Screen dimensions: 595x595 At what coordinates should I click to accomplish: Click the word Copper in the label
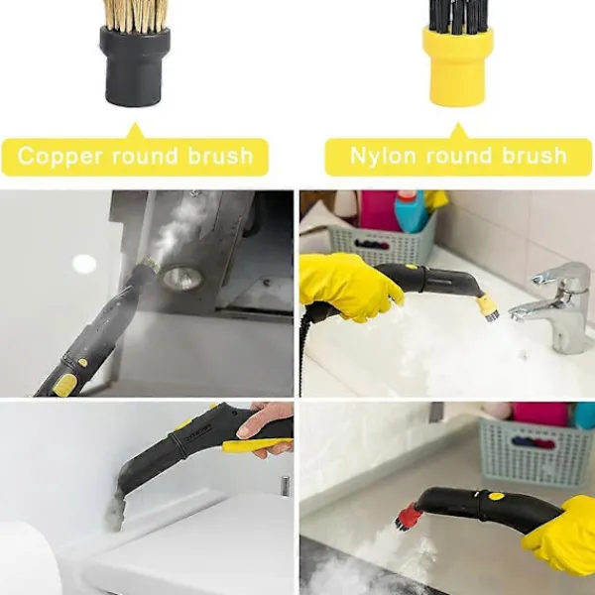tap(59, 157)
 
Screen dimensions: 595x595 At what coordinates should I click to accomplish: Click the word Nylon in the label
tap(383, 156)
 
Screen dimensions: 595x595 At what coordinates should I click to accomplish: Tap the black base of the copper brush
tap(135, 66)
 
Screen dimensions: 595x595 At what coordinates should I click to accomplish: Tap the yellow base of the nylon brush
tap(457, 66)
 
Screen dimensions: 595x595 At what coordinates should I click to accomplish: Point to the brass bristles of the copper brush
tap(135, 15)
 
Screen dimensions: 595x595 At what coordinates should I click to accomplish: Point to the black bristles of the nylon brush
tap(458, 15)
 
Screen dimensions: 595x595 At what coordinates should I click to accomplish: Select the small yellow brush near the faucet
tap(488, 307)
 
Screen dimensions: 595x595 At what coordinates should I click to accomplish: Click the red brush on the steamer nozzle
tap(409, 516)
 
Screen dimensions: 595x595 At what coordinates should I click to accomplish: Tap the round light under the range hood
tap(182, 278)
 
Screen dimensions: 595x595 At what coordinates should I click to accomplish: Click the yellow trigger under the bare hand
tap(257, 444)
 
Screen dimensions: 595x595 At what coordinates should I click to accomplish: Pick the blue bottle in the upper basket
tap(413, 211)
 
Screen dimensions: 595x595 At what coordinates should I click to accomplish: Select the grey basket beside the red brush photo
tap(535, 451)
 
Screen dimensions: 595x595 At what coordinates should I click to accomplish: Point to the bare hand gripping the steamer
tap(266, 426)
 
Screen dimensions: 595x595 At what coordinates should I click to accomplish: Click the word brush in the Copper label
tap(220, 156)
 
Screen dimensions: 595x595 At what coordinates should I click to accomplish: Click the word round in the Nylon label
tap(459, 156)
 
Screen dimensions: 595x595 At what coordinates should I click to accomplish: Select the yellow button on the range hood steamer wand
tap(63, 385)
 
